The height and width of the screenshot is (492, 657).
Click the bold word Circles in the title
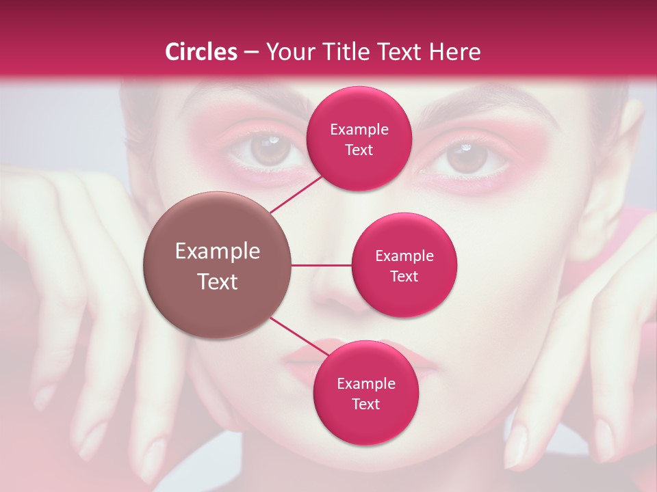pos(201,52)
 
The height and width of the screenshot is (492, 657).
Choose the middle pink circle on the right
pos(404,265)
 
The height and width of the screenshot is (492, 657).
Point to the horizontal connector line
pos(321,265)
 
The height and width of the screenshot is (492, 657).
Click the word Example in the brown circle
pos(218,251)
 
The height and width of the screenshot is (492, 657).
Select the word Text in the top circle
pos(359,150)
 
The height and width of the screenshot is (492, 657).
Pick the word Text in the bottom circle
pos(365,404)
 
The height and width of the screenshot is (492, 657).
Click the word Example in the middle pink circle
pos(404,256)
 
